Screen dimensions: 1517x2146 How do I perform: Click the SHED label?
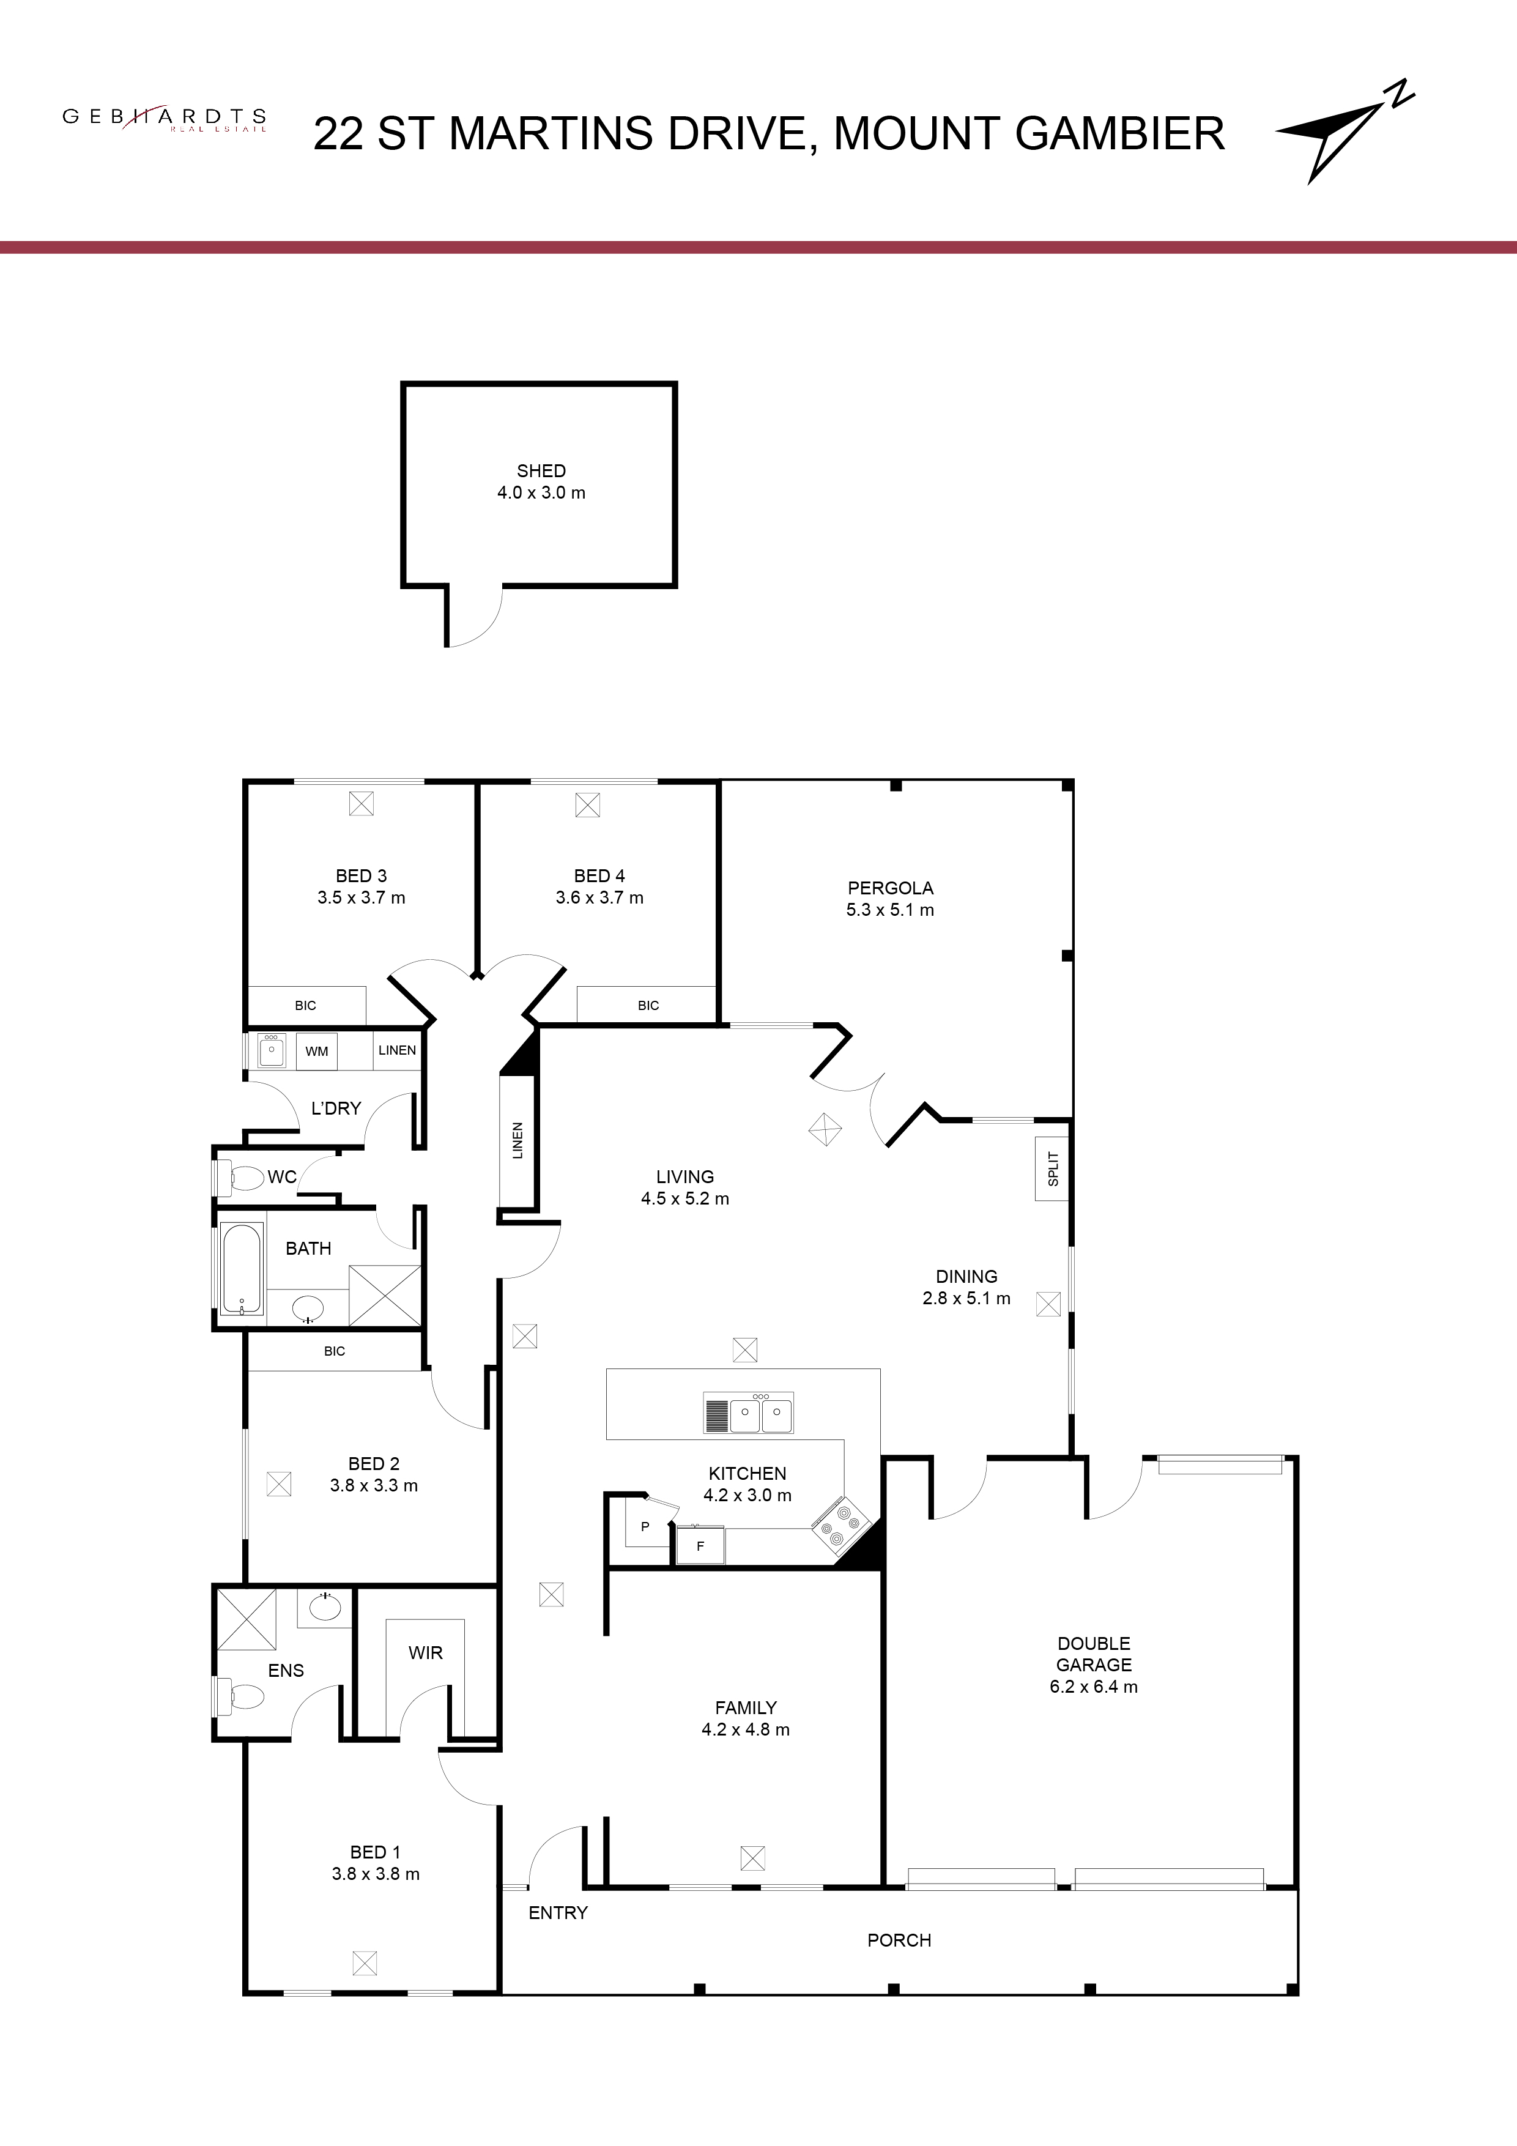click(x=541, y=471)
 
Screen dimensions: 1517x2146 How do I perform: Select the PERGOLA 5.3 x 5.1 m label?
click(x=890, y=898)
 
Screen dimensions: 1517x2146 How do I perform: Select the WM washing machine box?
click(x=317, y=1050)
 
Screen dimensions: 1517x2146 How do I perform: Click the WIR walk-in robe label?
click(x=425, y=1652)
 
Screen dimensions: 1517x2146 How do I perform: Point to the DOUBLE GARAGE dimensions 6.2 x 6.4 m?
click(x=1094, y=1686)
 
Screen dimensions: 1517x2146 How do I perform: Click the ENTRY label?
click(x=558, y=1912)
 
